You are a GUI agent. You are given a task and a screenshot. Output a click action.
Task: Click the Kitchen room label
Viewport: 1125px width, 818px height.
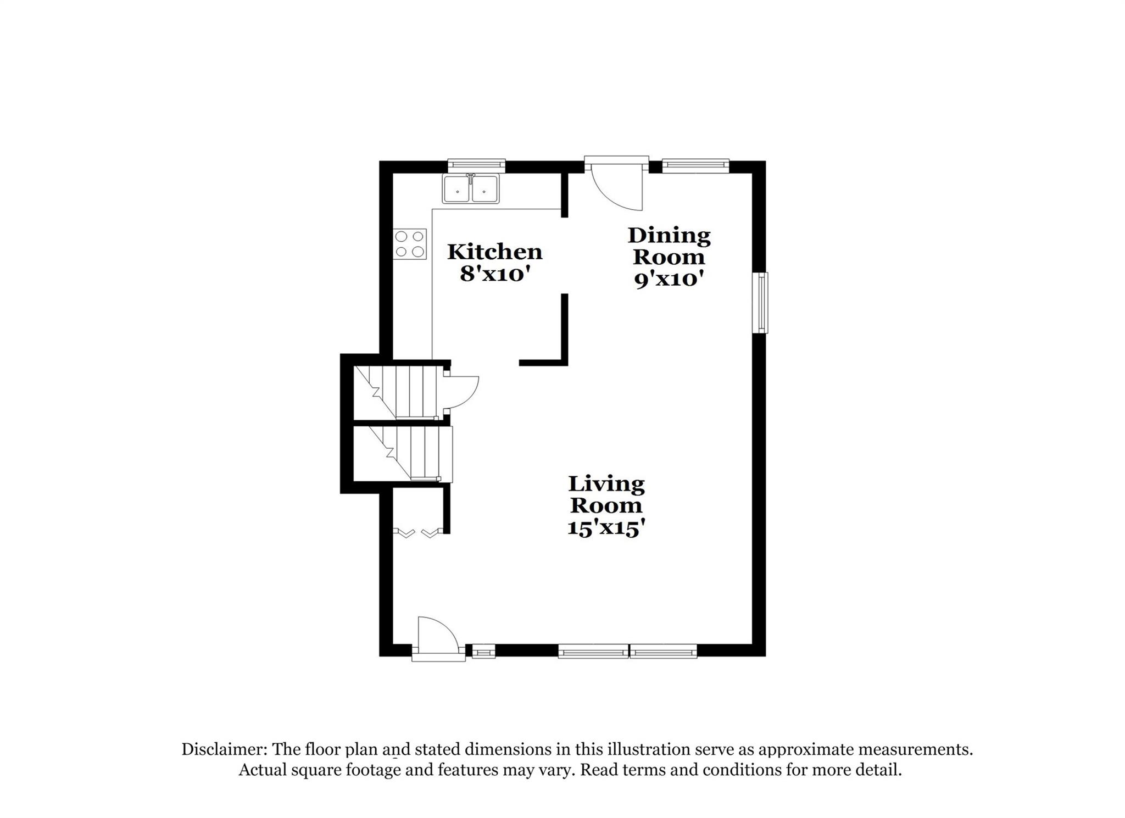(x=494, y=252)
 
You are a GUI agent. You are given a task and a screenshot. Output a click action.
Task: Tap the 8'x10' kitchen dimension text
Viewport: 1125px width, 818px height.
(x=494, y=274)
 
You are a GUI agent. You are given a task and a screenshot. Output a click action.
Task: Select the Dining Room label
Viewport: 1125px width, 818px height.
(x=669, y=246)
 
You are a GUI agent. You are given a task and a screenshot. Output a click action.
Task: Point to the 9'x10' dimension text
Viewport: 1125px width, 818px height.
(x=669, y=280)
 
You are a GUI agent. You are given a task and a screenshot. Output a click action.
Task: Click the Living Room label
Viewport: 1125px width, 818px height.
(x=606, y=494)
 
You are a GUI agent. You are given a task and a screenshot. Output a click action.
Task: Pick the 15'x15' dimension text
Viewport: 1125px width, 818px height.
(x=605, y=528)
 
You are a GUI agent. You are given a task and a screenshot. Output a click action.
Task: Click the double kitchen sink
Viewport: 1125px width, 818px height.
(x=471, y=189)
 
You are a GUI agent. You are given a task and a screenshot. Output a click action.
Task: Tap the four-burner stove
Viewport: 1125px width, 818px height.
(x=410, y=244)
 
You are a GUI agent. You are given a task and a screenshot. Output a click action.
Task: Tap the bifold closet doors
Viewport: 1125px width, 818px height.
(x=417, y=532)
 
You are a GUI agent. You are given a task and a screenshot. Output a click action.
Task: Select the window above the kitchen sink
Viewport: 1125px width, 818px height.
(x=476, y=164)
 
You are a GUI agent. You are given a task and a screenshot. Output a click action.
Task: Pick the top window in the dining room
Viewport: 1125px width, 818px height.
(x=695, y=164)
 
